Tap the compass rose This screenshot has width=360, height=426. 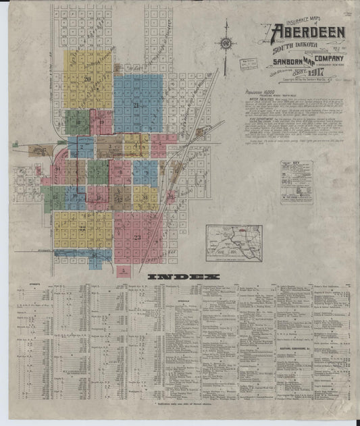tap(226, 44)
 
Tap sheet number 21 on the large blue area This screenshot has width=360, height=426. tap(136, 105)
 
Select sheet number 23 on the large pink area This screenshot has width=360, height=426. tap(137, 237)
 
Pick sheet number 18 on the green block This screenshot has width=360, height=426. tap(78, 122)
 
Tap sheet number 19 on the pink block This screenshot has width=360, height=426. tap(101, 122)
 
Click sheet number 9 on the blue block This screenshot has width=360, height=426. tap(145, 173)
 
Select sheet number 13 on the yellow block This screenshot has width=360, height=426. tap(145, 198)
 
